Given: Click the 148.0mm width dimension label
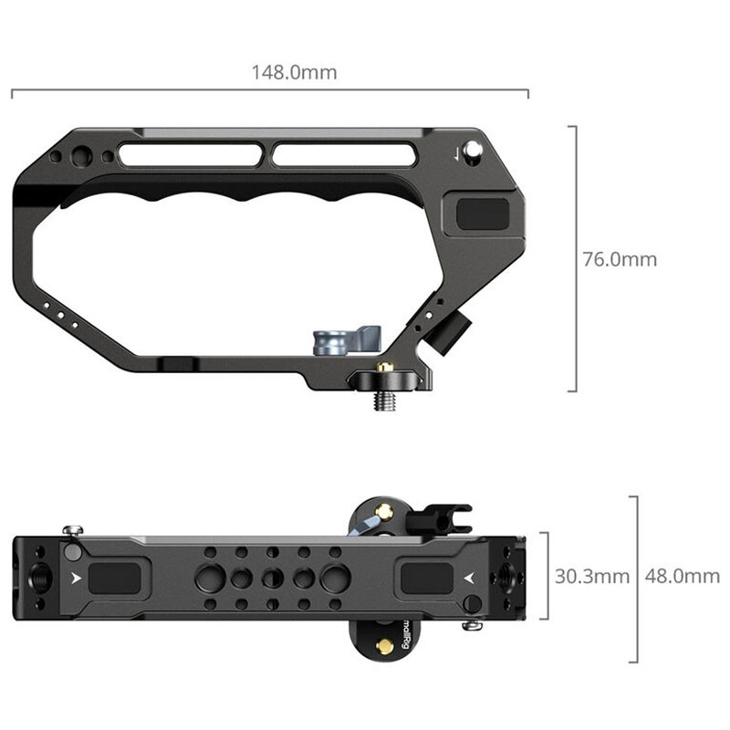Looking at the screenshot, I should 294,72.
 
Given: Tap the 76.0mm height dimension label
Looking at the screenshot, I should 620,259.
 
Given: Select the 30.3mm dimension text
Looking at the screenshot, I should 591,576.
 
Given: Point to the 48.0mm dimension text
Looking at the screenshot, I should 682,576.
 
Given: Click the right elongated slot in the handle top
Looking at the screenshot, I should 344,155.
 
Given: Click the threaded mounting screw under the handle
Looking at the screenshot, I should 384,399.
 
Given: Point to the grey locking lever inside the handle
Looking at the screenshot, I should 346,339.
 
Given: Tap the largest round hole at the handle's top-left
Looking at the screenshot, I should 81,158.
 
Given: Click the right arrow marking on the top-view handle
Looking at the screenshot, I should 469,578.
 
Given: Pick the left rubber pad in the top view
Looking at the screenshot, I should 114,578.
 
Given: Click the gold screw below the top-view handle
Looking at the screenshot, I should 384,646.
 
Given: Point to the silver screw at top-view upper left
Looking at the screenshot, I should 71,531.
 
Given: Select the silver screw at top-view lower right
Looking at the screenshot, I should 471,625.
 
